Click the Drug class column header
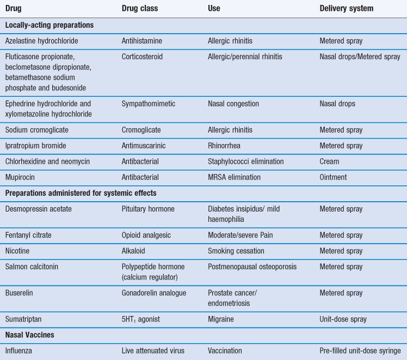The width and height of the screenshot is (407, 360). [139, 9]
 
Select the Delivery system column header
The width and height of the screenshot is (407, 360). [346, 9]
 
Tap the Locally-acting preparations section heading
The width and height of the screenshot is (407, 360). [49, 25]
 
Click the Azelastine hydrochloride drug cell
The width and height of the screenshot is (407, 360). [41, 41]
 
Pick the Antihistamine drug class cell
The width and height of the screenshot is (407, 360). [142, 41]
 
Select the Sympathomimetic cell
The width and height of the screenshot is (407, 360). [149, 103]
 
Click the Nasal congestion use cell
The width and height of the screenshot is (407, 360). [233, 103]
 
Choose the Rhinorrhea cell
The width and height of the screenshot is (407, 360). [226, 146]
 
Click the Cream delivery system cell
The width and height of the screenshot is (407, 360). [329, 162]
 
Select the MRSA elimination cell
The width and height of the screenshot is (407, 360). [234, 177]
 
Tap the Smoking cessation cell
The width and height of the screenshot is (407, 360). [236, 251]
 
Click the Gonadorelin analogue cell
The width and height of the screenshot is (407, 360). [154, 293]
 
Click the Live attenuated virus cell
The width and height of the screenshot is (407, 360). [153, 351]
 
